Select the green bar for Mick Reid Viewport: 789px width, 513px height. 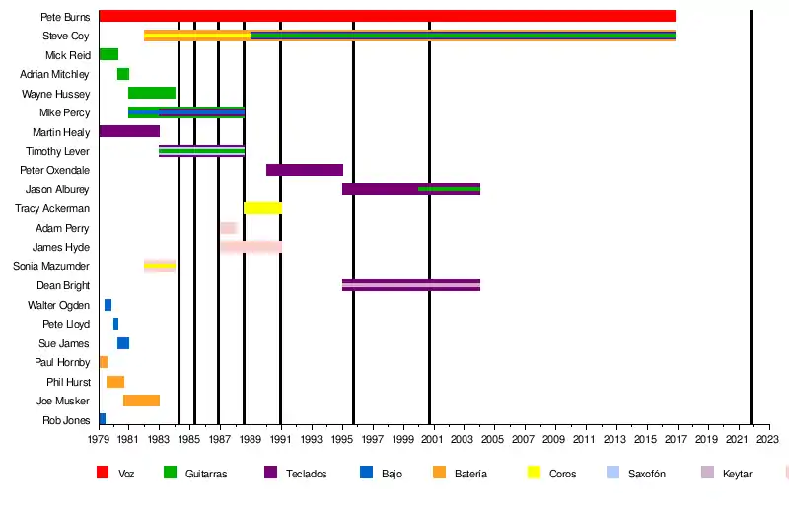click(x=108, y=54)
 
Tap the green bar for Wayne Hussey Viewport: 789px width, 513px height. click(x=152, y=93)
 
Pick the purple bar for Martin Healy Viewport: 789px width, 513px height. click(x=129, y=131)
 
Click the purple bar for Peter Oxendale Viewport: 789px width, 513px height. click(x=305, y=170)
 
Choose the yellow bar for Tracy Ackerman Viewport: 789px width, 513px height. click(x=262, y=208)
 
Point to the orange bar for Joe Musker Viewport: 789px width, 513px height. click(x=141, y=401)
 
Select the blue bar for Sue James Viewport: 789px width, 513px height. click(x=123, y=343)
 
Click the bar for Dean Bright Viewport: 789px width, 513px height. click(x=410, y=285)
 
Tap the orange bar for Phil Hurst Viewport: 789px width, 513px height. click(x=115, y=382)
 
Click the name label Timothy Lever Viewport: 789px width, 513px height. click(x=57, y=152)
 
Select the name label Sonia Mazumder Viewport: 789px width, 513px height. click(x=51, y=267)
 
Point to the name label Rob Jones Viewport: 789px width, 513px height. click(x=66, y=421)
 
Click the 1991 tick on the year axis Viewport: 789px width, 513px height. click(x=281, y=440)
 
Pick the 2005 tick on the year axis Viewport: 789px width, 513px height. click(x=494, y=440)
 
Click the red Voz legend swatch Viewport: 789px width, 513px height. click(x=103, y=474)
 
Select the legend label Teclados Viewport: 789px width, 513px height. click(x=307, y=475)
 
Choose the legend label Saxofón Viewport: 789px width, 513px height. click(x=646, y=475)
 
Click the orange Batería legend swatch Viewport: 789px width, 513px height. click(x=440, y=474)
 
